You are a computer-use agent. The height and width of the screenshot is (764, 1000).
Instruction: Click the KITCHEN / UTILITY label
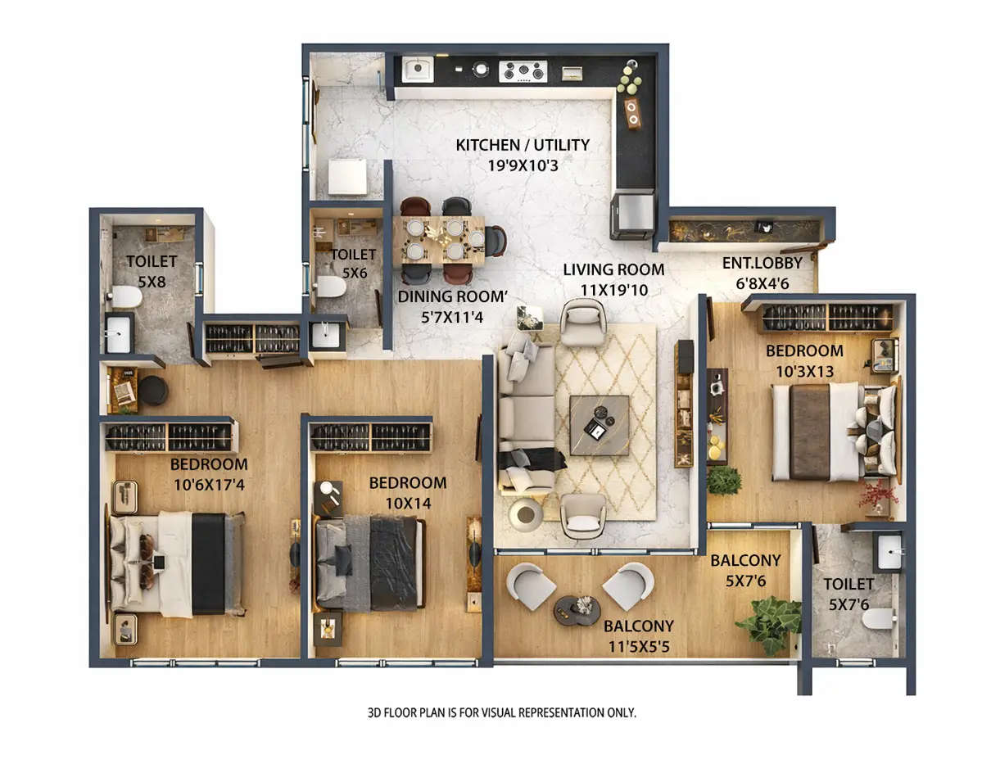pyautogui.click(x=523, y=145)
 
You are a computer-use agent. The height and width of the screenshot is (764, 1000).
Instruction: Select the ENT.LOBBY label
pyautogui.click(x=767, y=263)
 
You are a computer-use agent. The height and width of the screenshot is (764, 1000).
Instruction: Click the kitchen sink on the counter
pyautogui.click(x=417, y=69)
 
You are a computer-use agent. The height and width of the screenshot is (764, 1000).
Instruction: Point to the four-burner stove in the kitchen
pyautogui.click(x=523, y=71)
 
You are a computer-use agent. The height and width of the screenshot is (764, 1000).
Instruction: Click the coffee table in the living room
pyautogui.click(x=600, y=424)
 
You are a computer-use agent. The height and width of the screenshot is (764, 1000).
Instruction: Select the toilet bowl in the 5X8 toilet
pyautogui.click(x=126, y=296)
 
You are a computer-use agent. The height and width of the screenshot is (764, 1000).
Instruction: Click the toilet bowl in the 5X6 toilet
pyautogui.click(x=331, y=287)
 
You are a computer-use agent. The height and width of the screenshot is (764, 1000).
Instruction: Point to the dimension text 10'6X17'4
pyautogui.click(x=209, y=484)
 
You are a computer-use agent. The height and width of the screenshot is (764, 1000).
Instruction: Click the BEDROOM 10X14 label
pyautogui.click(x=407, y=482)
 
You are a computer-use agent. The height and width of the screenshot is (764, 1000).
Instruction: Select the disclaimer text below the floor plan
pyautogui.click(x=501, y=712)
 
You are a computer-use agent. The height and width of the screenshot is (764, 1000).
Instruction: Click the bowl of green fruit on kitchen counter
pyautogui.click(x=629, y=79)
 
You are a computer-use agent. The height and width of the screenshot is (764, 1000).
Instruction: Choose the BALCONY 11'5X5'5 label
pyautogui.click(x=639, y=626)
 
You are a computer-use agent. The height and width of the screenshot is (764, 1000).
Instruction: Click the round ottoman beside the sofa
pyautogui.click(x=525, y=514)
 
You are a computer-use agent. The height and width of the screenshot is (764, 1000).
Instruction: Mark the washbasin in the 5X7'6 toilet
pyautogui.click(x=889, y=553)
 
